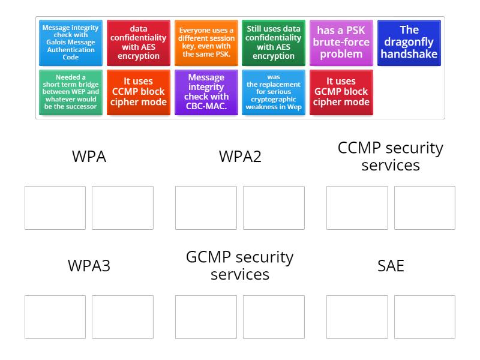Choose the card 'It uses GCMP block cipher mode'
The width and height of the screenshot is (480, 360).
341,92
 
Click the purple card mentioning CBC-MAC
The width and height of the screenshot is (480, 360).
206,92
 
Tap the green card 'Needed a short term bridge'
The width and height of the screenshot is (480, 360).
71,92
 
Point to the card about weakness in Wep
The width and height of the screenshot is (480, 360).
274,92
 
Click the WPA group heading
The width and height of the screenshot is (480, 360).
89,157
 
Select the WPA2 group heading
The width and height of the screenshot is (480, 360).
240,157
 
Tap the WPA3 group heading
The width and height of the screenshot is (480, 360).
89,266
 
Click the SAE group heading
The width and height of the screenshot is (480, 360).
391,266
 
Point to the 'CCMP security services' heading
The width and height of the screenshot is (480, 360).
391,157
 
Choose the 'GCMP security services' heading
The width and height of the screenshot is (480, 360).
240,266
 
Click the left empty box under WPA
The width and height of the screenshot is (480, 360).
55,208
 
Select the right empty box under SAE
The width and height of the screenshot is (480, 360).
424,317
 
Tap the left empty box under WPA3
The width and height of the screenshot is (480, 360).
55,317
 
